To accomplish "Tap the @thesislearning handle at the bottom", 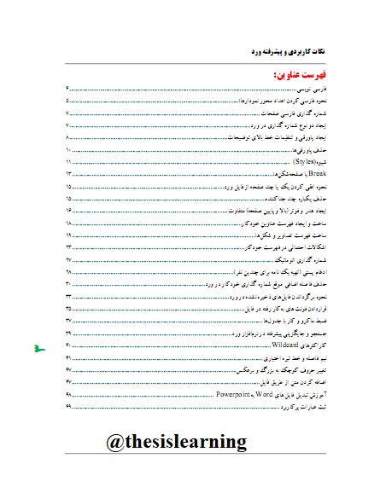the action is click(x=177, y=441).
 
